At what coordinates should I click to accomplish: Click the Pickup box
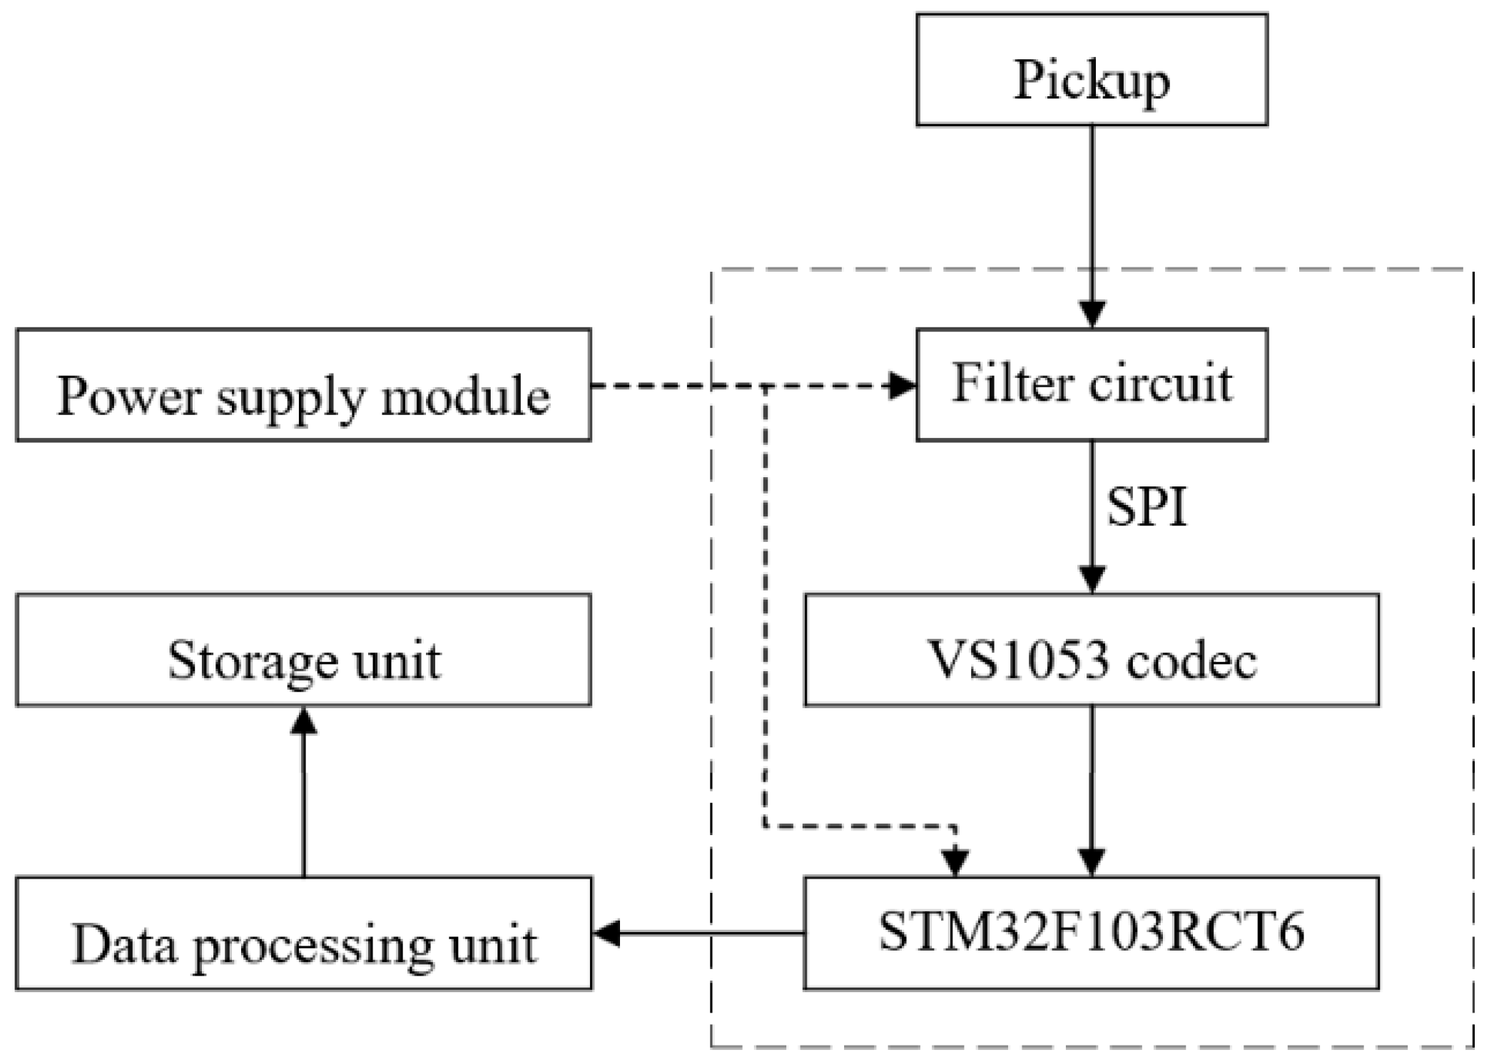tap(1091, 70)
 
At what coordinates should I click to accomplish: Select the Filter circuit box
tap(1091, 384)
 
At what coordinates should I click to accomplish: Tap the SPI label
tap(1146, 507)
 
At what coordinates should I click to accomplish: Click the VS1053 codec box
tap(1091, 650)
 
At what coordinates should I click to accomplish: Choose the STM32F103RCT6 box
tap(1091, 933)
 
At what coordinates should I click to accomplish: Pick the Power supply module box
tap(303, 385)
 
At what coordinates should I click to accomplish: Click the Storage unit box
tap(303, 650)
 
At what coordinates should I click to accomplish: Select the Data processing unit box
tap(303, 933)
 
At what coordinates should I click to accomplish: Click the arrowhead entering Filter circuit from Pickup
tap(1092, 314)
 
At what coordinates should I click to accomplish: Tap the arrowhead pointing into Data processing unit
tap(607, 932)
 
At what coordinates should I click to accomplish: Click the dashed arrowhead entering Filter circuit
tap(900, 386)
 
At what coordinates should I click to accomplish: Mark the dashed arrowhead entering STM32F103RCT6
tap(955, 862)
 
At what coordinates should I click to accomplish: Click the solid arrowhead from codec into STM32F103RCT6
tap(1092, 861)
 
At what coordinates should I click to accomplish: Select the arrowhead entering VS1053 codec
tap(1092, 578)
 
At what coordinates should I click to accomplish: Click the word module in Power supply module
tap(465, 396)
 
